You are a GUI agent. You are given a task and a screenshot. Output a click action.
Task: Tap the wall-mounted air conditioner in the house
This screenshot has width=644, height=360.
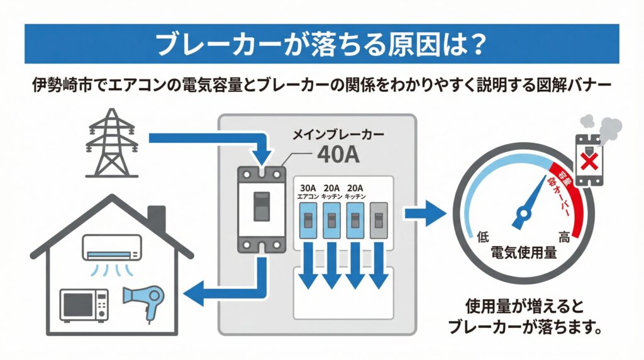(x=113, y=246)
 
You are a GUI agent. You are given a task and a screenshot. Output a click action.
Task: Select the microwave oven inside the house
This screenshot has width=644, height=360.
(x=84, y=305)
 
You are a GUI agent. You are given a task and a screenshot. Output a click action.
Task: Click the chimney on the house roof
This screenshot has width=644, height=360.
(x=156, y=218)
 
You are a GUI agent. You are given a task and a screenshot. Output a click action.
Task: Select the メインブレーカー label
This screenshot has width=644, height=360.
(x=338, y=134)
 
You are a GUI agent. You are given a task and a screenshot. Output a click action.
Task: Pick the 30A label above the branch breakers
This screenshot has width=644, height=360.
(x=308, y=188)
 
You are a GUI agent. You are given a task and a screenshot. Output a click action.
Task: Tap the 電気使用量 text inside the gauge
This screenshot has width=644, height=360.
(x=523, y=254)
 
